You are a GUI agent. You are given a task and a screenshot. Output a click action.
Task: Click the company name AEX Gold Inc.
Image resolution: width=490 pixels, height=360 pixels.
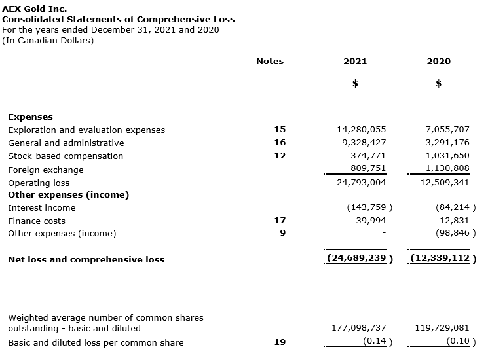point(35,9)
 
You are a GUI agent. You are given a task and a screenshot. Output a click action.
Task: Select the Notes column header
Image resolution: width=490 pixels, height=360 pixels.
point(270,61)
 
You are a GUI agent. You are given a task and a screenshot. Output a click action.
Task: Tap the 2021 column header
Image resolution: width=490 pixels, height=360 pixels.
point(355,61)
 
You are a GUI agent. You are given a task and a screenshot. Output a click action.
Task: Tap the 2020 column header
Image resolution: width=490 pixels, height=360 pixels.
point(438,61)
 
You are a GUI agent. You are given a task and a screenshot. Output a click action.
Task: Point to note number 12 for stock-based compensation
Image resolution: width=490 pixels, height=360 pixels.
point(280,156)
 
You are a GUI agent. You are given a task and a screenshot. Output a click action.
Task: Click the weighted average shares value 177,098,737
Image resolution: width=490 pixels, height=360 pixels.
point(358,327)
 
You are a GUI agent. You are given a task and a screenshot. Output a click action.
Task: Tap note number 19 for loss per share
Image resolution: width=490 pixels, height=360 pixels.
point(280,342)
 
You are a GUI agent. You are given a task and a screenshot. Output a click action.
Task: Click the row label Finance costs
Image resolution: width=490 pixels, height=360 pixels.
point(37,221)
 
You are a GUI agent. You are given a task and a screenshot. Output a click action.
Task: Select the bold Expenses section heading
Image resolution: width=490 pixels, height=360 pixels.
point(30,117)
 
